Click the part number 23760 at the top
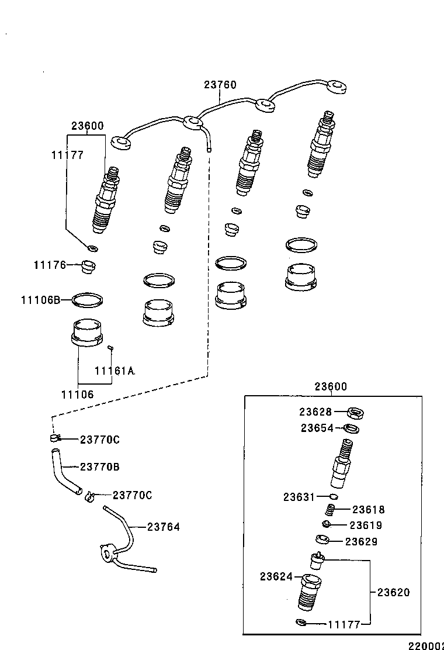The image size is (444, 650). [x=220, y=85]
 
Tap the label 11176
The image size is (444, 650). [x=50, y=265]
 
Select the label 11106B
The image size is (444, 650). [x=41, y=300]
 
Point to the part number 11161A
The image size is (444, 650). [x=115, y=371]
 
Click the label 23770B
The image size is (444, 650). [x=99, y=467]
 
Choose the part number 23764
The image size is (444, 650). [x=163, y=527]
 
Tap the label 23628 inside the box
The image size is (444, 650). [x=315, y=412]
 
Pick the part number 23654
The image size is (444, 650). [x=317, y=428]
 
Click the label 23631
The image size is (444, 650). [x=300, y=497]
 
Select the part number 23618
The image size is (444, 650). [x=369, y=510]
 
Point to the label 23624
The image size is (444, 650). [x=276, y=576]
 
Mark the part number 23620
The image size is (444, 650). [x=393, y=592]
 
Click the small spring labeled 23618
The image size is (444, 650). [x=331, y=510]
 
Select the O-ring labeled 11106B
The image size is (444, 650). [x=88, y=300]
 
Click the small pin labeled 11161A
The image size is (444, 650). [x=110, y=349]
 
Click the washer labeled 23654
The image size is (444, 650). [x=351, y=430]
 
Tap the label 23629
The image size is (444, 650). [x=361, y=541]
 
